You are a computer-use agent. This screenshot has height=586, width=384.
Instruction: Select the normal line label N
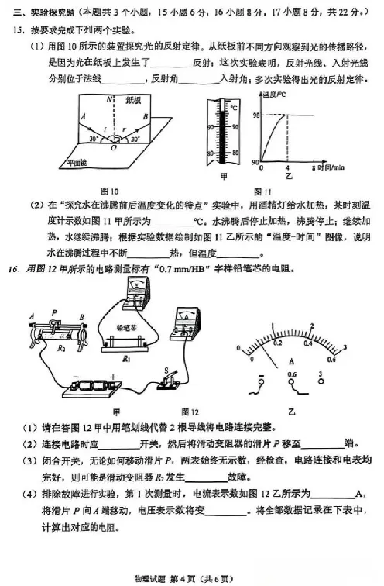110,98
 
